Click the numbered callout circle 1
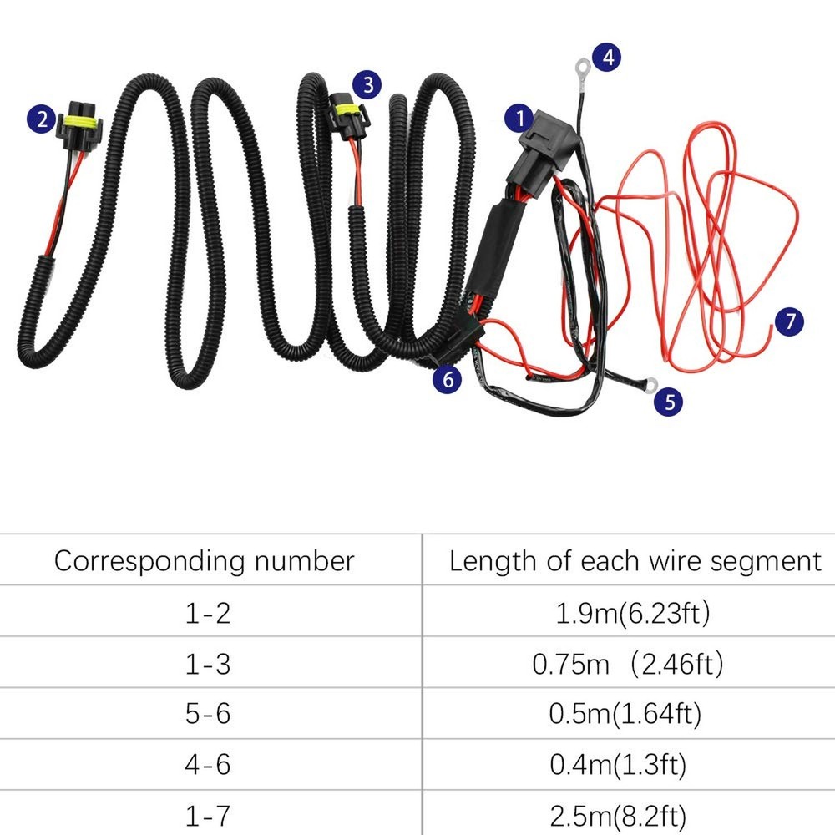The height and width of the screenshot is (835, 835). click(x=521, y=118)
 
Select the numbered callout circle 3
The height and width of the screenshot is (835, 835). click(x=367, y=83)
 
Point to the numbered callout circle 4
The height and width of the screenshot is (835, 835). click(x=607, y=57)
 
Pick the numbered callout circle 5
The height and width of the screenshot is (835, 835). click(x=668, y=402)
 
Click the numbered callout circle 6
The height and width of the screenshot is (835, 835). click(x=448, y=379)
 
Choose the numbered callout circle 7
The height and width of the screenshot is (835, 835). click(x=789, y=321)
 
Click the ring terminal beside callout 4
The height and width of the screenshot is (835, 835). click(x=579, y=63)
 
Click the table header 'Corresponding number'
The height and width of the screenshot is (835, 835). click(x=205, y=560)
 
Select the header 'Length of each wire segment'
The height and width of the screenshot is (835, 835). click(x=635, y=560)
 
